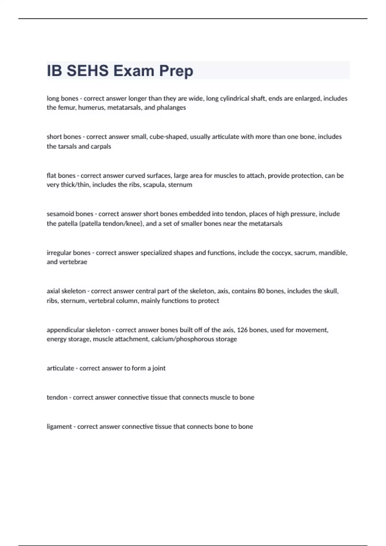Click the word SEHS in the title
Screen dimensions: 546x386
coord(87,71)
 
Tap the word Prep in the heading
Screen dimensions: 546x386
coord(176,71)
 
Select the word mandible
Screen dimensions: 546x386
coord(335,253)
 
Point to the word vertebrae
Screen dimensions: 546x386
coord(76,262)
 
